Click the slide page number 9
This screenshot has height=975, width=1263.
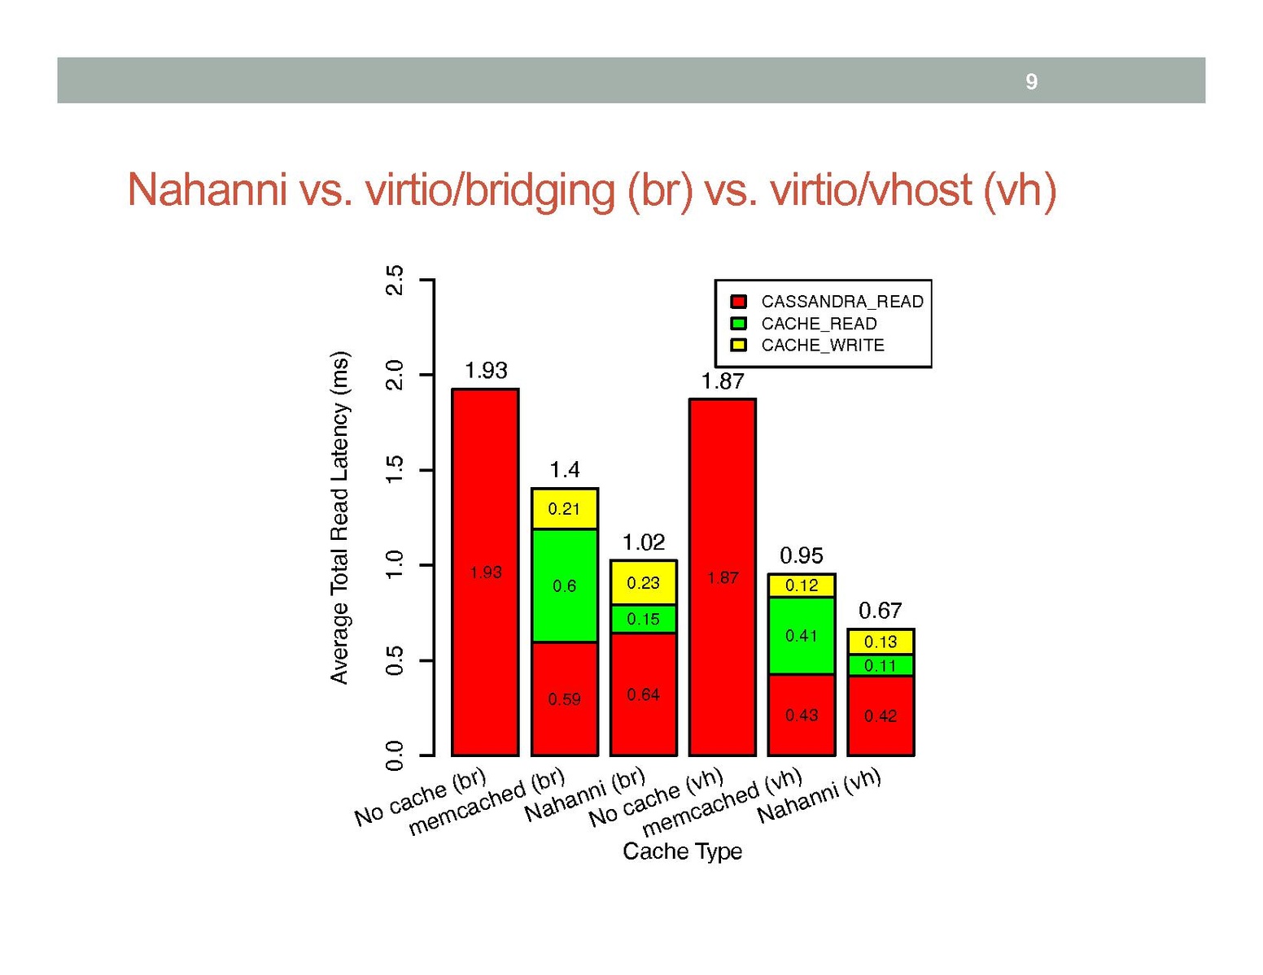[1031, 81]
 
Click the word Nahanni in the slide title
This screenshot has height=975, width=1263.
[207, 190]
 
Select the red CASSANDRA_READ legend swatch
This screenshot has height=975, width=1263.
[739, 302]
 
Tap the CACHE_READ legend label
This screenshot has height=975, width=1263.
[819, 324]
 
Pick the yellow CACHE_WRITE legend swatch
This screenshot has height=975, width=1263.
[739, 346]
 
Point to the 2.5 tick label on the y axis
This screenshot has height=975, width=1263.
[395, 281]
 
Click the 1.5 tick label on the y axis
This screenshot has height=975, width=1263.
[395, 470]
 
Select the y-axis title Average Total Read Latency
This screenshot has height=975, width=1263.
[339, 517]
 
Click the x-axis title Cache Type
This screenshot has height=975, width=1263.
[682, 851]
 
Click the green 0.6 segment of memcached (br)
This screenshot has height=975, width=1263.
[564, 585]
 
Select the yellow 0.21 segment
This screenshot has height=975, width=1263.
[564, 509]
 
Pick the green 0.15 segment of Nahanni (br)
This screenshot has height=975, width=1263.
[643, 619]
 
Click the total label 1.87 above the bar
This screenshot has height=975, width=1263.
[722, 381]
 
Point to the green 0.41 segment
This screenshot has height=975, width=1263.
[801, 635]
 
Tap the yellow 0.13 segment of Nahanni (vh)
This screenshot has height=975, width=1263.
[881, 642]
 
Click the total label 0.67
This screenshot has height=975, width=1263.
[881, 610]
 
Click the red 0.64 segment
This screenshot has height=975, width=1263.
[643, 694]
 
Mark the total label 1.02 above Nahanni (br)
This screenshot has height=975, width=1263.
[643, 542]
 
